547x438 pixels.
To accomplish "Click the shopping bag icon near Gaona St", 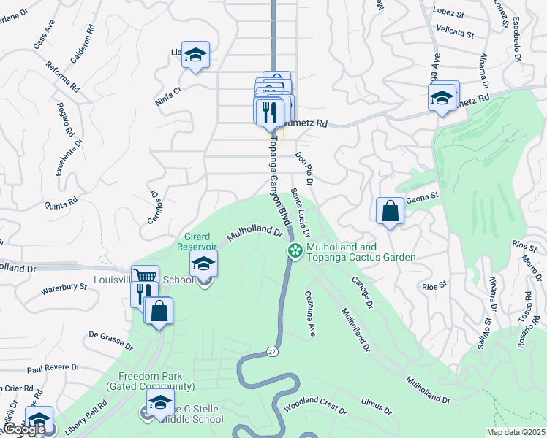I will tap(391, 211).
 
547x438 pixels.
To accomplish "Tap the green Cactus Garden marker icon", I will tap(295, 251).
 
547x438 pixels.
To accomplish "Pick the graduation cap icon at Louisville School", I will tap(204, 264).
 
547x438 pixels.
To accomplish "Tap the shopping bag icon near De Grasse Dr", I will tap(159, 310).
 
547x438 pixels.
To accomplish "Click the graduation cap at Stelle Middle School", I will tap(160, 402).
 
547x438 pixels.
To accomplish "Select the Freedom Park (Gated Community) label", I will tap(150, 381).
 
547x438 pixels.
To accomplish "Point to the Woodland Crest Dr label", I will tap(316, 404).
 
